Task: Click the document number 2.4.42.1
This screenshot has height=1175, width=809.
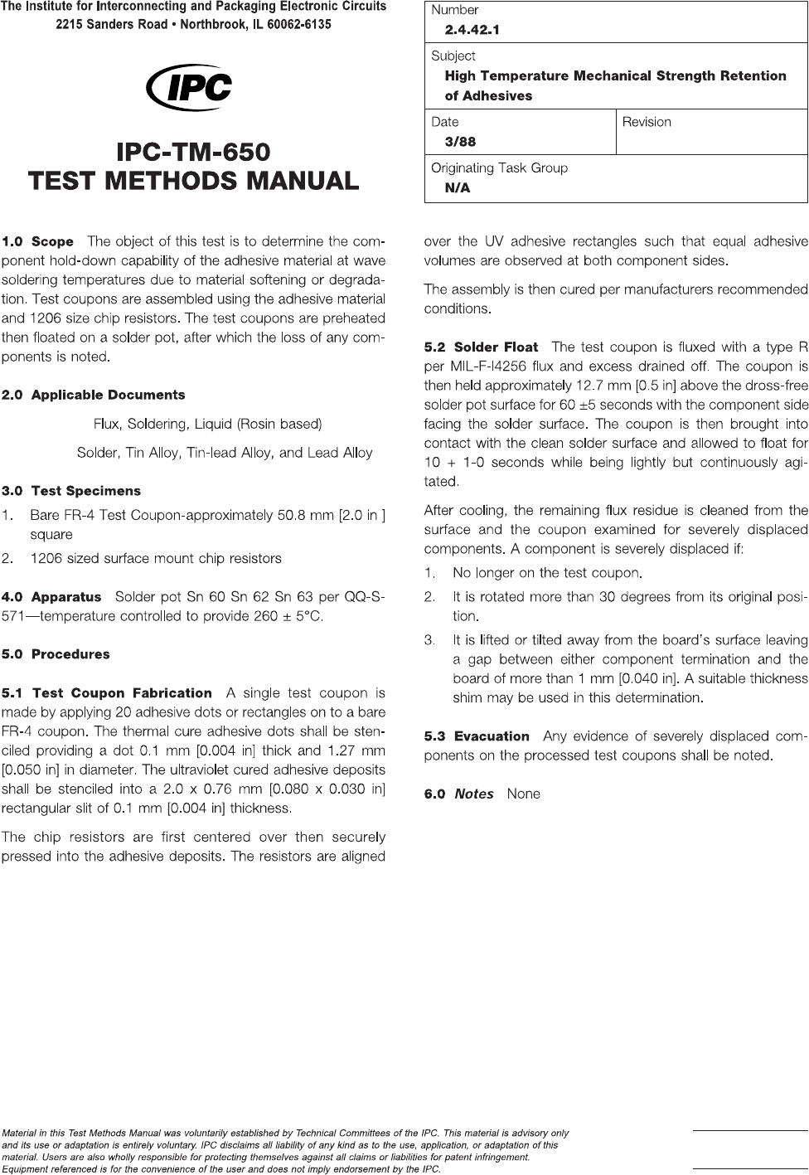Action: point(472,31)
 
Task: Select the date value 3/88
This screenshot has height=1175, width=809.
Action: point(460,142)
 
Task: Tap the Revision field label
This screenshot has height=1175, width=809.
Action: point(647,122)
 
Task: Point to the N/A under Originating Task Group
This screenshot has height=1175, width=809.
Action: point(458,188)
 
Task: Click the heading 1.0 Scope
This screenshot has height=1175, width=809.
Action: point(38,242)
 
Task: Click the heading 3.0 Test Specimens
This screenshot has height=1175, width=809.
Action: point(71,491)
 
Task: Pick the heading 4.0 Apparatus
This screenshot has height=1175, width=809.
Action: point(51,597)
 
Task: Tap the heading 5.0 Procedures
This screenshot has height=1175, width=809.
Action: point(56,654)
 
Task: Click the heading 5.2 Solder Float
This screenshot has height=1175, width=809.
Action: point(481,347)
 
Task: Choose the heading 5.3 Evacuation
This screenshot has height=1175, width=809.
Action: point(477,736)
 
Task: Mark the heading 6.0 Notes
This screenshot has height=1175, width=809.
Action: point(458,794)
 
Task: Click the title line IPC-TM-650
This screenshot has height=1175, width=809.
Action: point(193,153)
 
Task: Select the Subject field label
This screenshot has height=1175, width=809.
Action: point(453,56)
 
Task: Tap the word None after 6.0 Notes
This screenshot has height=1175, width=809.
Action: point(523,794)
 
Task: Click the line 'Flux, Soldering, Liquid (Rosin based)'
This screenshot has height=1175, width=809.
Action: point(207,424)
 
